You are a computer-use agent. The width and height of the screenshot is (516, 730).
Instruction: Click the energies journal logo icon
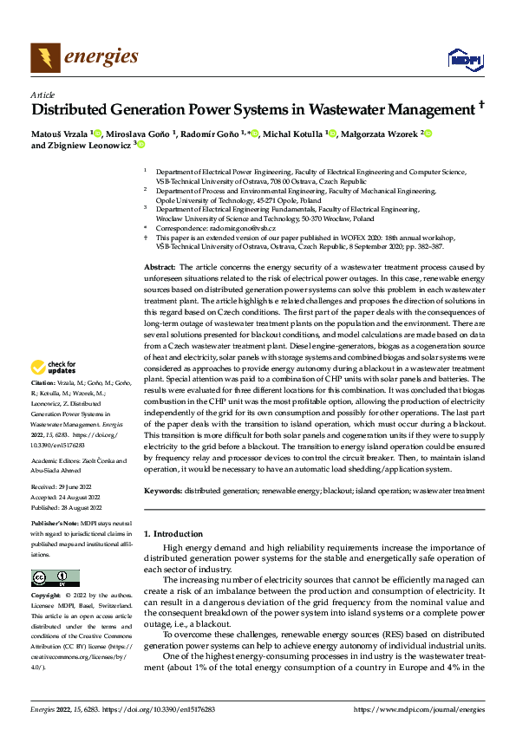[x=44, y=58]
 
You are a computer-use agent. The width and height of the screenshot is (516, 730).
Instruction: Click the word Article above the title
[x=42, y=94]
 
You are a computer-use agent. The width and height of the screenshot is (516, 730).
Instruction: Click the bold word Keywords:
[x=162, y=491]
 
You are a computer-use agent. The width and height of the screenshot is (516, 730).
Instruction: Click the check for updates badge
[x=54, y=391]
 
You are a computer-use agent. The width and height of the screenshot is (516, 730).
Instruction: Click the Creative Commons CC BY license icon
[x=55, y=578]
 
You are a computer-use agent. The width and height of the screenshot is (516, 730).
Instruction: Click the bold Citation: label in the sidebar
[x=43, y=406]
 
